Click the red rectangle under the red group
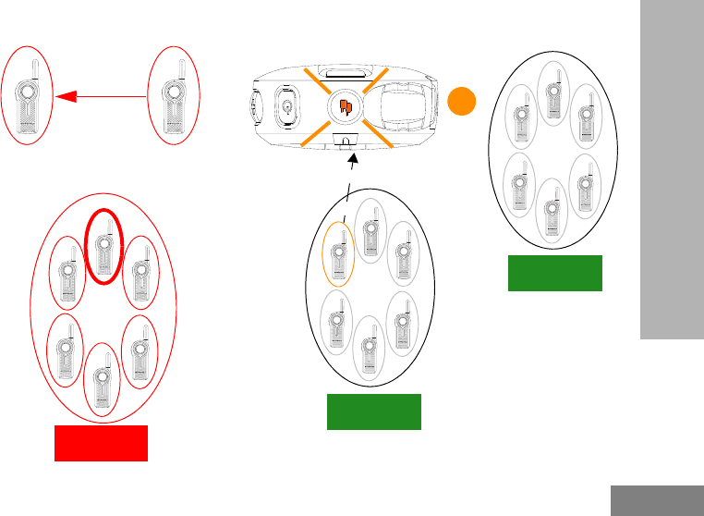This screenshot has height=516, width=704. [x=102, y=443]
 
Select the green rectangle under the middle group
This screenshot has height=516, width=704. [x=374, y=412]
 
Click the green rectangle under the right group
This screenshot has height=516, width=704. [x=555, y=273]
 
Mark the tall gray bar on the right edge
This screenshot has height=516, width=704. [x=671, y=171]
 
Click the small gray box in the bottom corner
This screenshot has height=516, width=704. [x=657, y=500]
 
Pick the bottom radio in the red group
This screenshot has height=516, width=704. [x=102, y=378]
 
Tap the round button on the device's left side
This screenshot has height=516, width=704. [x=287, y=105]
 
